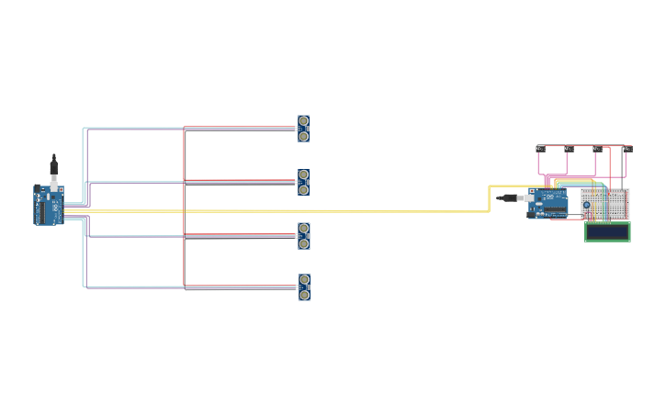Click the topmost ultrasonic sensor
[x=303, y=129]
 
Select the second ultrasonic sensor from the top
[x=303, y=182]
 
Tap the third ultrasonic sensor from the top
[x=303, y=236]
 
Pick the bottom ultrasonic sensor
[x=304, y=287]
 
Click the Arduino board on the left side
[x=49, y=205]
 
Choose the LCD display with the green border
[x=607, y=231]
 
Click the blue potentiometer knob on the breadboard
[x=587, y=205]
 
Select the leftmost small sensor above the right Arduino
[x=540, y=148]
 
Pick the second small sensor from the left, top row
[x=569, y=148]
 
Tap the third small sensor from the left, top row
[x=597, y=148]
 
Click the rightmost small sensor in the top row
[x=626, y=148]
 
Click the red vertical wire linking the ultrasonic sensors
[x=185, y=207]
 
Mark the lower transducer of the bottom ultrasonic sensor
[x=304, y=295]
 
